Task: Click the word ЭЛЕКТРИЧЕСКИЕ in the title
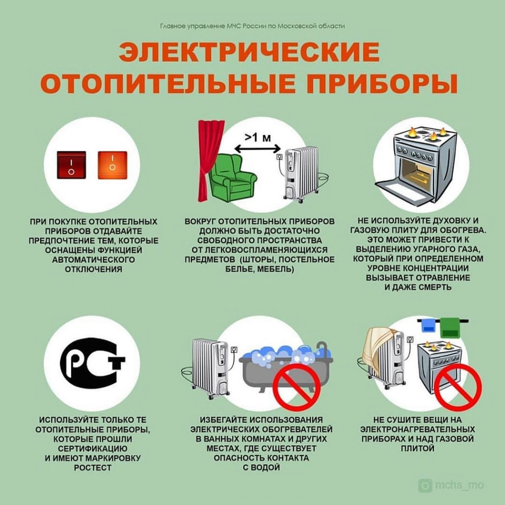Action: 249,52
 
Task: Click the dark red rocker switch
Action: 71,165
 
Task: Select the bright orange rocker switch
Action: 112,165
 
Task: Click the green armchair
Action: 232,178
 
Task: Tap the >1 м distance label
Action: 257,138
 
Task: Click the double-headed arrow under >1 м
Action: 257,149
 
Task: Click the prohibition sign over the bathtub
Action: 296,388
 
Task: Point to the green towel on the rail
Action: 450,327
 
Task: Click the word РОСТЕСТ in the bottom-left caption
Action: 93,468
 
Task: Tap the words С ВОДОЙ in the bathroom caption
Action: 261,468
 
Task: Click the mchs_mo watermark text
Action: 459,485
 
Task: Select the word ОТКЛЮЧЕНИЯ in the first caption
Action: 93,269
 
